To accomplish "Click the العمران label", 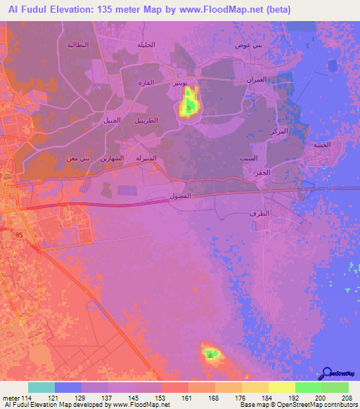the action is [255, 80].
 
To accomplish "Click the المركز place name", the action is [278, 131].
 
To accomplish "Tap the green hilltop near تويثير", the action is [188, 108].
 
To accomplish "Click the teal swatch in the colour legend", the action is [41, 387].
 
